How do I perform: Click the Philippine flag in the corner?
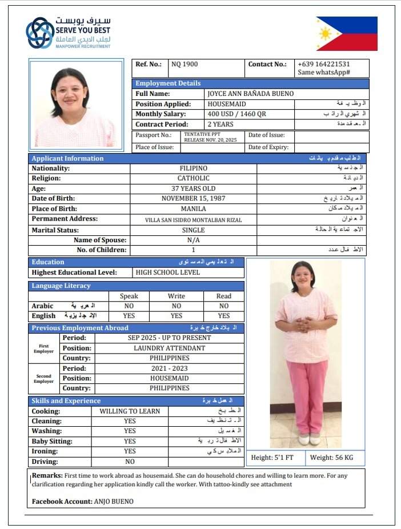pos(347,34)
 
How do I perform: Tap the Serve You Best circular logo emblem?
pos(40,33)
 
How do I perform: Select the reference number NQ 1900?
pos(185,65)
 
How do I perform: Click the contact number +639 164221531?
pos(323,65)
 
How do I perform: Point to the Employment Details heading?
pos(168,83)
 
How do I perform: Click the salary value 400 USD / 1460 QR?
pos(236,114)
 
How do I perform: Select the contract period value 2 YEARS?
pos(220,124)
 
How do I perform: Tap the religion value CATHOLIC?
pos(193,178)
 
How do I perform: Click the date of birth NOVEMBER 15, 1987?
pos(193,199)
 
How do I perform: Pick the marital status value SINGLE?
pos(193,230)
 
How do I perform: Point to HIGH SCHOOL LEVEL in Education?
pos(168,272)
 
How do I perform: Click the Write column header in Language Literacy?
pos(177,296)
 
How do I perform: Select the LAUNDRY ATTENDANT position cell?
pos(169,348)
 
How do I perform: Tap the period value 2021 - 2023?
pos(169,368)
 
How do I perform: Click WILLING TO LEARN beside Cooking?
pos(130,411)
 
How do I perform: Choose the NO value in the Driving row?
pos(130,462)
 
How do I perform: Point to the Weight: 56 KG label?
pos(331,458)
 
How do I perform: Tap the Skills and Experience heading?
pos(66,401)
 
